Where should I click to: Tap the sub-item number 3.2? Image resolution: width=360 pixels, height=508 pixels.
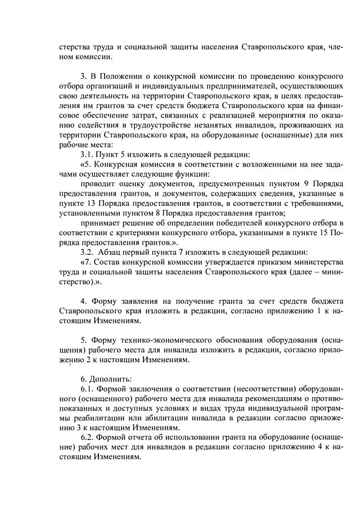[x=88, y=253]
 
